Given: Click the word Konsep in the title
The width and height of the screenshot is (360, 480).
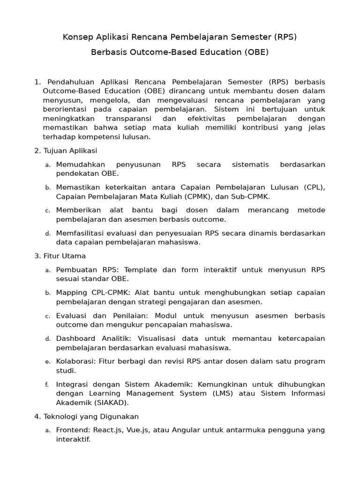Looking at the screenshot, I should [x=76, y=37].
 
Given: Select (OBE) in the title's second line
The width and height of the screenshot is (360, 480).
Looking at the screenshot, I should [x=256, y=52].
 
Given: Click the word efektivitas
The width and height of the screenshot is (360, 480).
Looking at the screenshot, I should [x=196, y=119].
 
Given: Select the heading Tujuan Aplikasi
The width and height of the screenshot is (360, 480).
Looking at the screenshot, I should [x=70, y=150].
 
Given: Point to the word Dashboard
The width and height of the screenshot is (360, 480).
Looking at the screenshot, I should [x=75, y=338].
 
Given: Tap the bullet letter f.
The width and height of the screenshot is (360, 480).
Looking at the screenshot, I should [x=47, y=385].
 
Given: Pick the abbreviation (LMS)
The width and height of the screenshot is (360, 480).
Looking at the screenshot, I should [x=226, y=393].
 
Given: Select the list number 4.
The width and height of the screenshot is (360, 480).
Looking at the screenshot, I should [x=37, y=416].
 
